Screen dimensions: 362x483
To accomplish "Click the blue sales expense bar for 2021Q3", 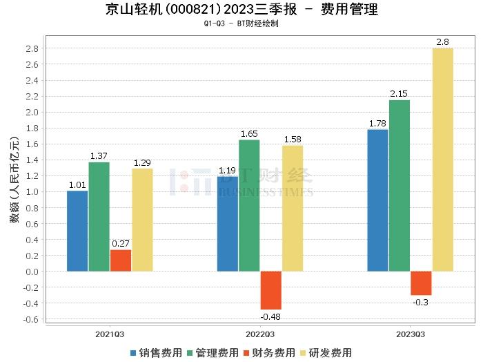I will click(77, 231).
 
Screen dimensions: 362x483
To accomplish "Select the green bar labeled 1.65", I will click(249, 205).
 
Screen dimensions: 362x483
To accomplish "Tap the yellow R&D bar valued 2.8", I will click(443, 160).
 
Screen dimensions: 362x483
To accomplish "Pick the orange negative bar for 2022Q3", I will click(270, 290).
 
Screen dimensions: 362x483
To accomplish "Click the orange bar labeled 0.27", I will click(120, 260).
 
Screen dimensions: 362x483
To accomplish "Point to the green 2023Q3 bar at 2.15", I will click(399, 185).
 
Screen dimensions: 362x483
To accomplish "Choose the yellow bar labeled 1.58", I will click(293, 208).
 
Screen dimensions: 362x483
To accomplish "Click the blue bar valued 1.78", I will click(377, 200).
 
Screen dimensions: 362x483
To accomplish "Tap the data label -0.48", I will click(270, 316).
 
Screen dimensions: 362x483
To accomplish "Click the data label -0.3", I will click(421, 302).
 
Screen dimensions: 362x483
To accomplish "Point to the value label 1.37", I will click(99, 155).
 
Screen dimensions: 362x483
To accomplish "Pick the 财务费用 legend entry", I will click(269, 352).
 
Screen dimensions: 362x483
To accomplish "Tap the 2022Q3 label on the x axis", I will click(259, 334).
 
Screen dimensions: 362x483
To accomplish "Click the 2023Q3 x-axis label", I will click(410, 334).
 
